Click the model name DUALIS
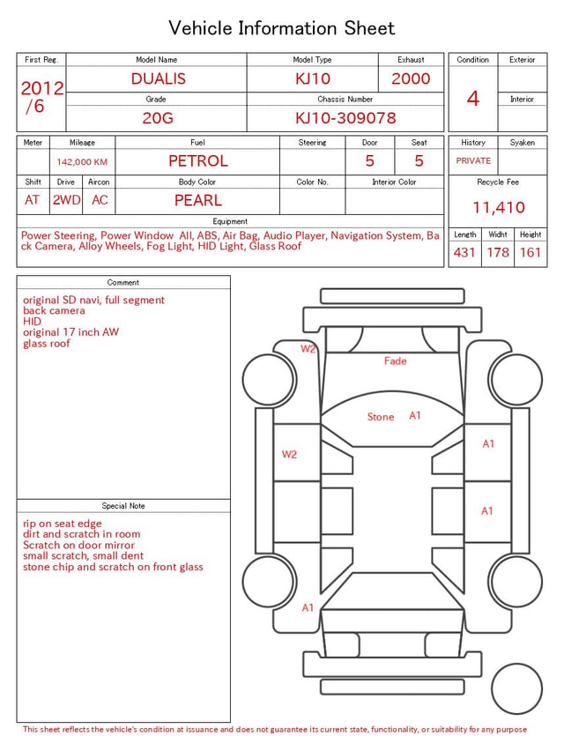pyautogui.click(x=158, y=78)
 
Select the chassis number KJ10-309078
pyautogui.click(x=345, y=118)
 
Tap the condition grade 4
pyautogui.click(x=473, y=99)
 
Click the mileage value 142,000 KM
pyautogui.click(x=82, y=162)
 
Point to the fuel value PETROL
pyautogui.click(x=198, y=161)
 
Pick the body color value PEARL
pyautogui.click(x=198, y=200)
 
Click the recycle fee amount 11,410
pyautogui.click(x=498, y=207)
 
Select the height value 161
pyautogui.click(x=531, y=252)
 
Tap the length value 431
pyautogui.click(x=464, y=252)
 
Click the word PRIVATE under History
pyautogui.click(x=473, y=160)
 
